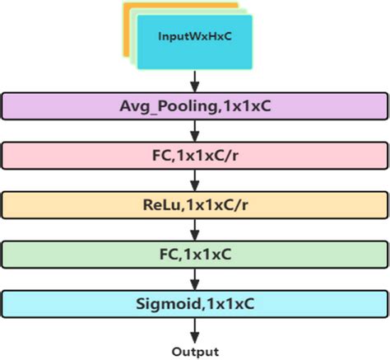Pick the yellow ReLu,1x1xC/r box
click(x=194, y=204)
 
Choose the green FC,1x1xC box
click(x=194, y=255)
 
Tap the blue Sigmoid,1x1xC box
click(x=194, y=304)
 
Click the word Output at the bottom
click(x=195, y=352)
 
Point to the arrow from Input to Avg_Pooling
click(x=195, y=80)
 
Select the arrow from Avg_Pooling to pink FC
click(x=195, y=129)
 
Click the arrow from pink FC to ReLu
click(x=195, y=180)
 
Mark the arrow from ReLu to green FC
click(x=195, y=230)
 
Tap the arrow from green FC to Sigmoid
click(x=195, y=279)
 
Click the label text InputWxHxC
click(x=194, y=37)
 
